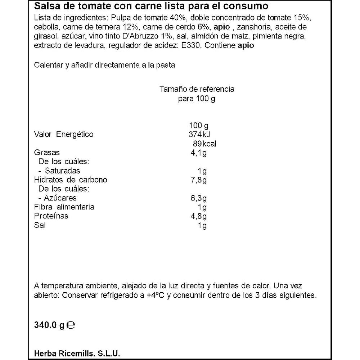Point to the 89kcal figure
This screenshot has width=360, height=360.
tap(204, 144)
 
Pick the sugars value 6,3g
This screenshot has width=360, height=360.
tap(199, 198)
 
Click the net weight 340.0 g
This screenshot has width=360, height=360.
tap(49, 325)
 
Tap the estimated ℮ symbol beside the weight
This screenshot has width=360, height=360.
tap(71, 325)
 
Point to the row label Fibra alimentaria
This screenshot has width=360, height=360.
tap(64, 207)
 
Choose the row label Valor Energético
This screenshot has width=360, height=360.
tap(63, 135)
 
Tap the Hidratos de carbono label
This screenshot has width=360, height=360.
tap(71, 180)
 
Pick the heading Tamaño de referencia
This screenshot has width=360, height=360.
tap(197, 89)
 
